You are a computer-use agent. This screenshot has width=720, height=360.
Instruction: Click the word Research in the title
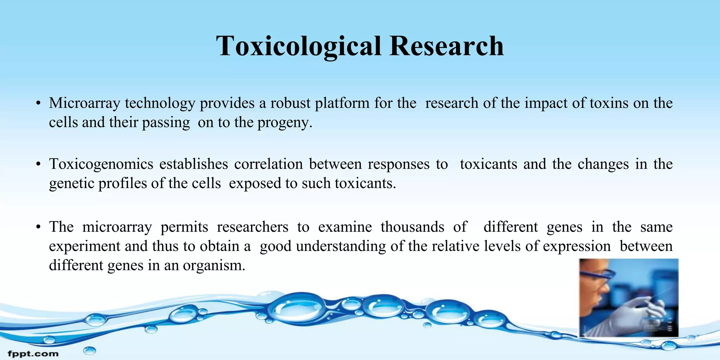446,46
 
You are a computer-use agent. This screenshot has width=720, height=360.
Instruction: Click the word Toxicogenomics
101,164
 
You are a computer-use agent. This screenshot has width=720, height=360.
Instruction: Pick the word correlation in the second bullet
268,164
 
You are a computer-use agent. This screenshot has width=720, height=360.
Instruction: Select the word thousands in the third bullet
412,227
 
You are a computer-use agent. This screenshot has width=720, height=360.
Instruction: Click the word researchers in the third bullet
252,227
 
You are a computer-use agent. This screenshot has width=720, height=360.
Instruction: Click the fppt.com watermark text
33,353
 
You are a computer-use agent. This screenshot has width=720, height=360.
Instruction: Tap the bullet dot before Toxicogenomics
38,165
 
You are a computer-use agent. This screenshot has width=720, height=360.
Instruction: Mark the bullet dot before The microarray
38,227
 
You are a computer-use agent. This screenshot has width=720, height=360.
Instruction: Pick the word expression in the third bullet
577,246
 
